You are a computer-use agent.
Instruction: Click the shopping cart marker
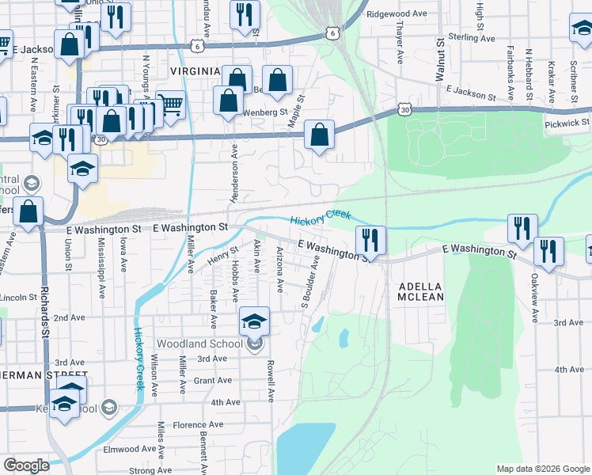click(171, 104)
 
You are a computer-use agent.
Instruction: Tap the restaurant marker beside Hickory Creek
click(370, 240)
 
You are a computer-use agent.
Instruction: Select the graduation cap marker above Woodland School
click(254, 321)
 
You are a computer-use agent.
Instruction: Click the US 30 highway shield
click(404, 112)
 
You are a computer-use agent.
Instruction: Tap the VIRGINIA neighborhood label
click(195, 71)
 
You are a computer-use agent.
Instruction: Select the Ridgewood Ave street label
click(402, 14)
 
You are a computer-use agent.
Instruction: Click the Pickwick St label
click(567, 123)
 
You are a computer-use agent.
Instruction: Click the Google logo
click(25, 465)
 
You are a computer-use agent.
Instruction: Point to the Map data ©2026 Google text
click(543, 469)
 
